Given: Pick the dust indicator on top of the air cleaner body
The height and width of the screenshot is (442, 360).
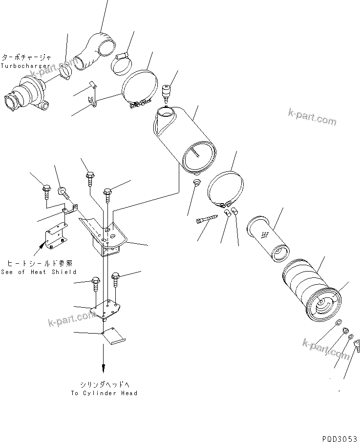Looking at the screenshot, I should tap(167, 91).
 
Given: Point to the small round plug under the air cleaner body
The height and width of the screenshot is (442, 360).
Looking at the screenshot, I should tap(197, 183).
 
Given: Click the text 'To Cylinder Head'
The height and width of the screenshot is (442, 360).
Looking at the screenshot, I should tap(104, 393).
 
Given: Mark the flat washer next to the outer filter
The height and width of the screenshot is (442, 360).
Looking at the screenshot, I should tap(338, 323).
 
